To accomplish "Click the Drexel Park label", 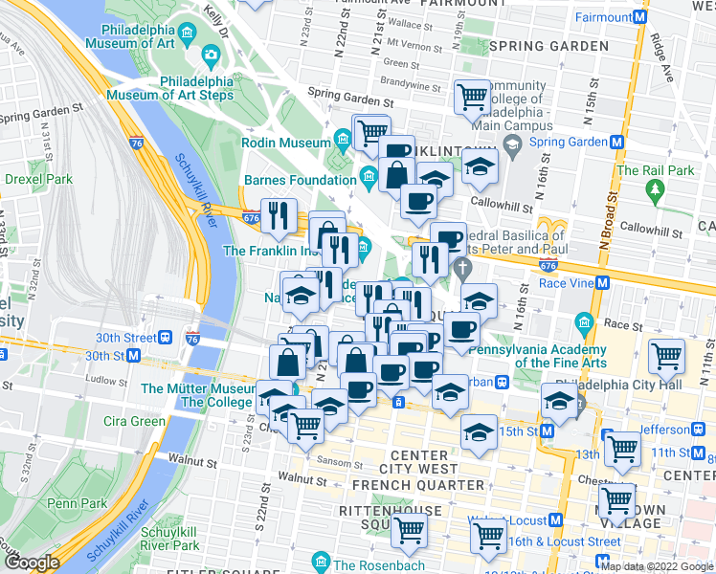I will [38, 179].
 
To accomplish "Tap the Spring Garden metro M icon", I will [617, 142].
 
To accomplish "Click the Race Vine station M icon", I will [603, 283].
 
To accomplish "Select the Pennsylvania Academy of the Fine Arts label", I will [560, 356].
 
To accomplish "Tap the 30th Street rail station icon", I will [167, 338].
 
